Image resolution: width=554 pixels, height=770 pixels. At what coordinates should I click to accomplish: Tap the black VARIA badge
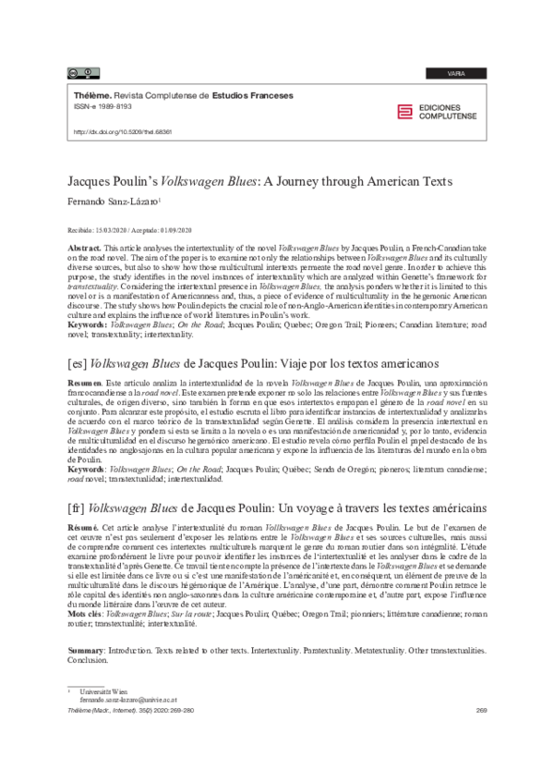tap(455, 72)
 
